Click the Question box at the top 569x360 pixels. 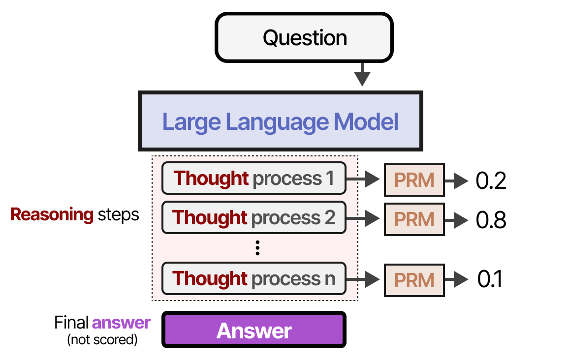point(304,38)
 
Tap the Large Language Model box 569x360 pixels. point(280,121)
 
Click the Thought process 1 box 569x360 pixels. point(253,178)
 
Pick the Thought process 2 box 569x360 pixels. point(253,217)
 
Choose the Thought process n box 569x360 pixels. point(253,279)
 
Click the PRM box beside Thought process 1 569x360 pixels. point(414,180)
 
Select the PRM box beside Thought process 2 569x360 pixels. point(414,219)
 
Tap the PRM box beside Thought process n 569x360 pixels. point(414,280)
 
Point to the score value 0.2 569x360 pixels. point(491,181)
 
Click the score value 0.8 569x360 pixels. point(491,220)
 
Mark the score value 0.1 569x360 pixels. point(490,280)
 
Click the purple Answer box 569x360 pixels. point(253,330)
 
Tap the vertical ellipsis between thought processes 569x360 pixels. point(257,248)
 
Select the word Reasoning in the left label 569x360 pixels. point(52,215)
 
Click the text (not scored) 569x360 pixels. point(102,339)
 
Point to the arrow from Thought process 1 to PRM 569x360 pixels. point(365,180)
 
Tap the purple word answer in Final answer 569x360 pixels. point(121,323)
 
